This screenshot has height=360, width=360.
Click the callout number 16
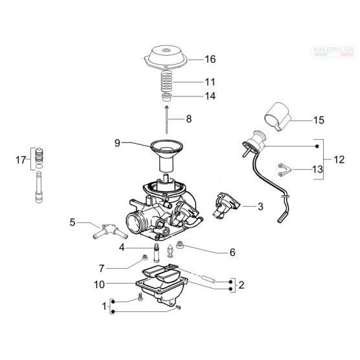tap(210, 59)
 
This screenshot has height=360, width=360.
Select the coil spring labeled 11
tap(168, 82)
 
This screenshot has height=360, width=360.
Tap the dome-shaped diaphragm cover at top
tap(165, 57)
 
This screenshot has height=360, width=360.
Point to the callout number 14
tap(210, 96)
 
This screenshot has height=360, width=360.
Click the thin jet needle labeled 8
tap(166, 119)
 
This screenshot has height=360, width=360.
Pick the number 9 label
tap(117, 143)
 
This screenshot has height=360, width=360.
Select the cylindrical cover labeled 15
tap(278, 117)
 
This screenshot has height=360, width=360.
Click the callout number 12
tap(339, 159)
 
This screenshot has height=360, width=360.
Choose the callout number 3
tap(260, 207)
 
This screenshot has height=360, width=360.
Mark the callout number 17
tap(21, 160)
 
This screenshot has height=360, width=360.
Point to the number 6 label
tap(232, 253)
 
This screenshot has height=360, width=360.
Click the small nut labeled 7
tap(144, 258)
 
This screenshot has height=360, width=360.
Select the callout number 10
tap(99, 285)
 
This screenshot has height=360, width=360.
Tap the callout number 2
tap(242, 285)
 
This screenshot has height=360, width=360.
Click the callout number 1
tap(104, 306)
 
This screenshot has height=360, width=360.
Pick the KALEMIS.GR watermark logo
tap(335, 51)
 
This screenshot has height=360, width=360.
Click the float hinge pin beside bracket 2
tap(208, 278)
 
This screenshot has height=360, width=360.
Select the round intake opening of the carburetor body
tap(135, 223)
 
